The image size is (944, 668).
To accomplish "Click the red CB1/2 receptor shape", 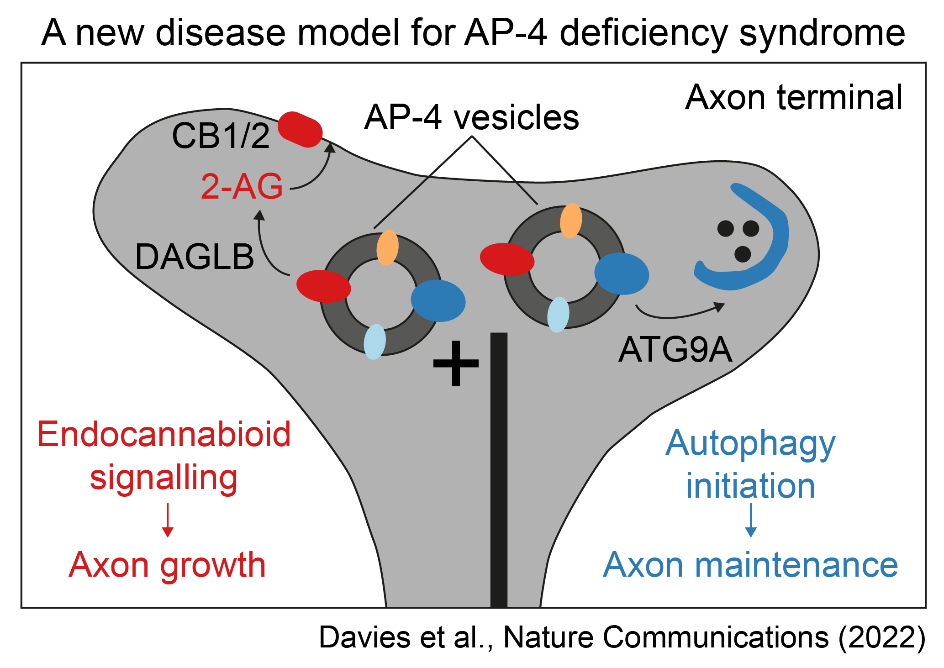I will [x=300, y=129].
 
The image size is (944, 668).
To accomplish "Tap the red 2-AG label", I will [x=242, y=187].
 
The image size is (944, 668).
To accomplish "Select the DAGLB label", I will [x=195, y=257].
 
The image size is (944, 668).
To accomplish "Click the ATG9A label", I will [x=675, y=350].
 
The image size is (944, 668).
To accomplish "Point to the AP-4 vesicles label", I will [x=471, y=118].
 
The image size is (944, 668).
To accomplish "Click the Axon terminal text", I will [x=794, y=98].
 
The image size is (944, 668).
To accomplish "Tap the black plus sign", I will [x=455, y=363].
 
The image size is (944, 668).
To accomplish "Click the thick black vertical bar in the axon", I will [x=499, y=470].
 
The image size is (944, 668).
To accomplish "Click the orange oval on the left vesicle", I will [x=387, y=247].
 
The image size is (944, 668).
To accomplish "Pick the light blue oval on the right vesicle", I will [x=558, y=315].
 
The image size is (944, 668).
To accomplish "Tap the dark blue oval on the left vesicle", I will [x=438, y=300].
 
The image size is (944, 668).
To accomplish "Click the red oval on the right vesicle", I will [x=507, y=259].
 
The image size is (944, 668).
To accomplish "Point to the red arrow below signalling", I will [x=168, y=520].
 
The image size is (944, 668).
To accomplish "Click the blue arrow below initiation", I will [x=751, y=520].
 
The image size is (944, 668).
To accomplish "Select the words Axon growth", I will [x=167, y=565].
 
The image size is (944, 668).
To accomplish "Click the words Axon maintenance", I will [x=750, y=565].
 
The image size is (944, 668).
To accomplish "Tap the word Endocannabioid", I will [x=164, y=434].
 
